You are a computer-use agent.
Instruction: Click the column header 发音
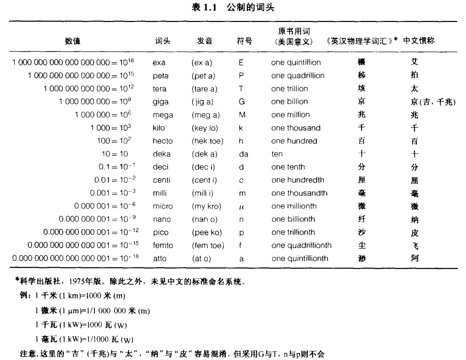[205, 41]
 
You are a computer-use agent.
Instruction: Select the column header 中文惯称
[419, 41]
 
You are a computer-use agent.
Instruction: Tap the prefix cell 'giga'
[161, 102]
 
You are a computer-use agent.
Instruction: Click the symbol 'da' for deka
[243, 154]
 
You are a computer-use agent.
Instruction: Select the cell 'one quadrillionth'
[301, 245]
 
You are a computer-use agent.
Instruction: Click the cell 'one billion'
[290, 102]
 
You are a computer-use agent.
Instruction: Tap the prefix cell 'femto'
[163, 245]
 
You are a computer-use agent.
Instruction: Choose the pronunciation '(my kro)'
[206, 206]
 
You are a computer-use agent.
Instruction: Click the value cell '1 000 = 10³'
[110, 128]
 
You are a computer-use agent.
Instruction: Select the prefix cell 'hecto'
[163, 141]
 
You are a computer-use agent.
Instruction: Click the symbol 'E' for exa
[241, 63]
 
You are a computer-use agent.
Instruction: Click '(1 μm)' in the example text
[71, 311]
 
